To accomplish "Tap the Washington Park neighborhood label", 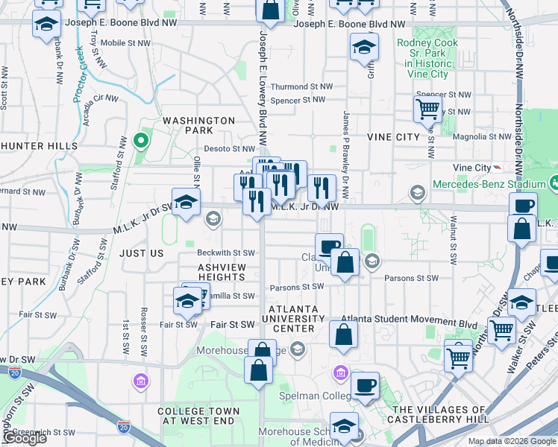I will point(198,125).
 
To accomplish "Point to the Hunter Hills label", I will point(39,145).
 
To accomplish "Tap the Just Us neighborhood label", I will point(141,253).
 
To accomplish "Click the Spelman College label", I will point(310,395).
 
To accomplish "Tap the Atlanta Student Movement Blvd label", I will point(409,324).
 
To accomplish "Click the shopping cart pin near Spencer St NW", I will point(427,109).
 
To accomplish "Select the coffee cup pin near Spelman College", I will point(365,385).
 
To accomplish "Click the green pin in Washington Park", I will point(139,140).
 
